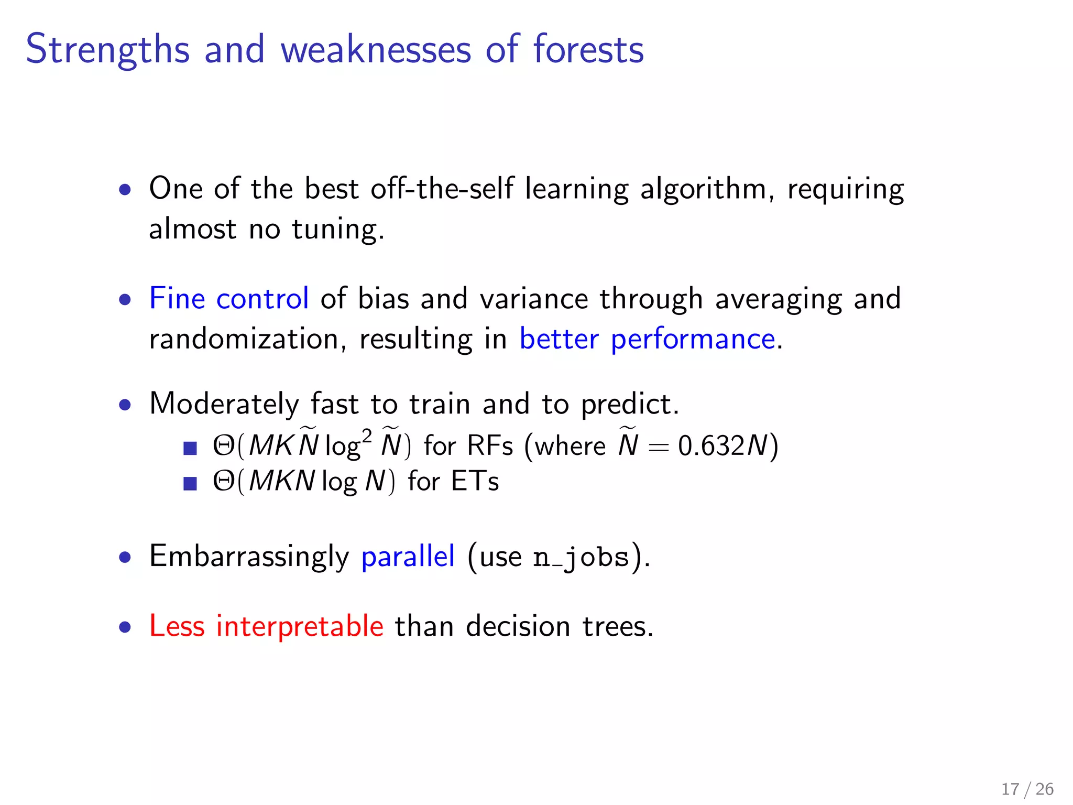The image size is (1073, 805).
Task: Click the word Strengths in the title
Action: [107, 50]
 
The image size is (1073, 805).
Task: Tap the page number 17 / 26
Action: [1027, 789]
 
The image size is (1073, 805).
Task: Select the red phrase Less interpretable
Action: [266, 626]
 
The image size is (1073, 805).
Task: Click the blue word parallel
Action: [408, 556]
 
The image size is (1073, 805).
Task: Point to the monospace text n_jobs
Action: [581, 557]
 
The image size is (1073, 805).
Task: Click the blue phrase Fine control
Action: [228, 299]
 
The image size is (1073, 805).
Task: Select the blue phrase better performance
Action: [647, 339]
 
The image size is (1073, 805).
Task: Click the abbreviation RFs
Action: [490, 446]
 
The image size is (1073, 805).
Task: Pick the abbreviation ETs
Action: [475, 481]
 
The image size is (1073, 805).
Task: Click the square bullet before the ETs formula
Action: [190, 483]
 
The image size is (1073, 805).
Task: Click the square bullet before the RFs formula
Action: [190, 448]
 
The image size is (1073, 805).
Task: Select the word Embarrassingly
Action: [249, 557]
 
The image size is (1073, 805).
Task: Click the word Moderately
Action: [224, 404]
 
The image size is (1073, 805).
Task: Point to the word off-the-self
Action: [442, 189]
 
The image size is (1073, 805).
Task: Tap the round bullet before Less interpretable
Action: [125, 627]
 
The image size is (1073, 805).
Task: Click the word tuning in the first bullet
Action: [337, 230]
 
